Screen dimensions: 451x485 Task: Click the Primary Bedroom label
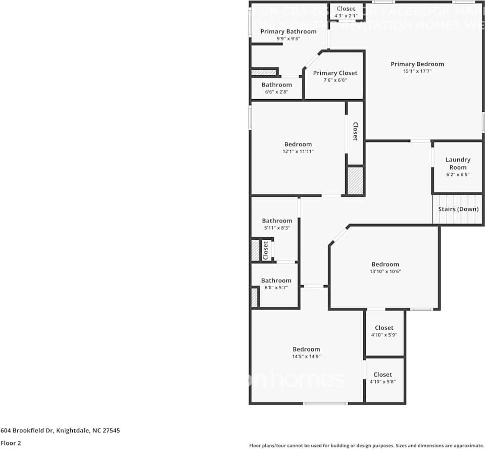tap(417, 64)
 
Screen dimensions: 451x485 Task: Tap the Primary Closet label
tap(335, 73)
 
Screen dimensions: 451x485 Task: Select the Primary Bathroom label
tap(288, 32)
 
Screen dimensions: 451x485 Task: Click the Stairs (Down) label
tap(458, 209)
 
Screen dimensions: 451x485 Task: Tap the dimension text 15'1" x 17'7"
tap(417, 72)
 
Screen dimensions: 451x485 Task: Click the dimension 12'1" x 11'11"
tap(298, 151)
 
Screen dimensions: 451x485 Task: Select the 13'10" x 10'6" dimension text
tap(385, 272)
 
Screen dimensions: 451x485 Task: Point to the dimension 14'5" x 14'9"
tap(306, 356)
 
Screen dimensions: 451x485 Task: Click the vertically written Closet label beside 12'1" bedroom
tap(355, 131)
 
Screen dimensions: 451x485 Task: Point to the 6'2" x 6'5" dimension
tap(458, 175)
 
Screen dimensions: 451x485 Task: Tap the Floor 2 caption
tap(11, 443)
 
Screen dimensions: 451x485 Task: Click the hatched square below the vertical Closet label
tap(355, 181)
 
